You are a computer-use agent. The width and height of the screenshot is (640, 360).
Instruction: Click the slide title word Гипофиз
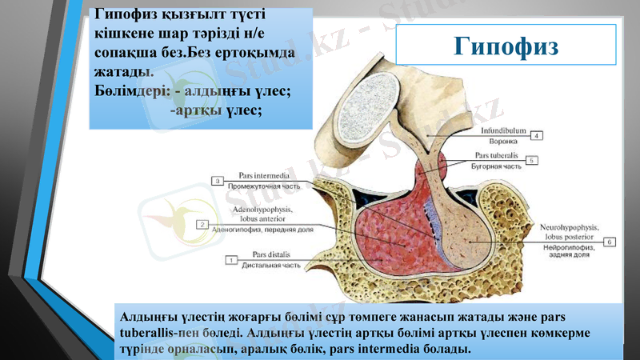(x=506, y=46)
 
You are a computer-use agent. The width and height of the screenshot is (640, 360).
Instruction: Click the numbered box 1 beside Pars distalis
(x=232, y=260)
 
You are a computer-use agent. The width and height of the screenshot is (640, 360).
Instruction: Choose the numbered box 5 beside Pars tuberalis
(x=532, y=159)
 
